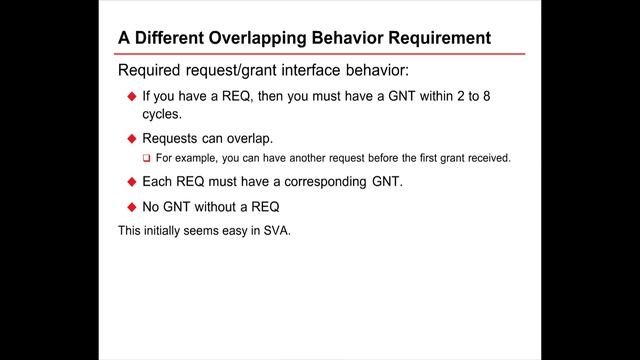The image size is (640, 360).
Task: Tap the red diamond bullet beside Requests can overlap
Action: [x=131, y=138]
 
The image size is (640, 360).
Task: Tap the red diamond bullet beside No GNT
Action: [x=131, y=207]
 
